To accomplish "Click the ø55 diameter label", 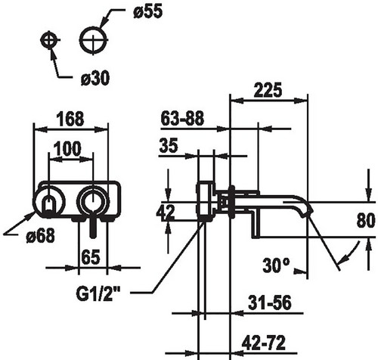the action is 148,11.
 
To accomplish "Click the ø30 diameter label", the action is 95,78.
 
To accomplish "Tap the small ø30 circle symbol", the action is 49,40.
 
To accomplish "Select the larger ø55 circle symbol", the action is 93,39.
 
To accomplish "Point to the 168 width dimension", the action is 70,119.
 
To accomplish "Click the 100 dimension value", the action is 67,149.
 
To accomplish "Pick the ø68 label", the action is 40,236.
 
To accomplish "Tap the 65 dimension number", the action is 91,257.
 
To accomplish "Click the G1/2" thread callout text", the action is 98,293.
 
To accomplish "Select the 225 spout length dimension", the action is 268,90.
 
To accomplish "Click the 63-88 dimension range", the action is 182,119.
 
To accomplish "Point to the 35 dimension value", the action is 169,145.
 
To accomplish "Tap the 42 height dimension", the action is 166,211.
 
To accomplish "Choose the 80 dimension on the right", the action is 366,220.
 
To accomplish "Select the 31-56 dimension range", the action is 270,303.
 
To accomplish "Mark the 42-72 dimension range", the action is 264,343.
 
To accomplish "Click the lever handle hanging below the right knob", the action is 93,225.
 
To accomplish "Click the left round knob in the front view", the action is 49,201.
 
